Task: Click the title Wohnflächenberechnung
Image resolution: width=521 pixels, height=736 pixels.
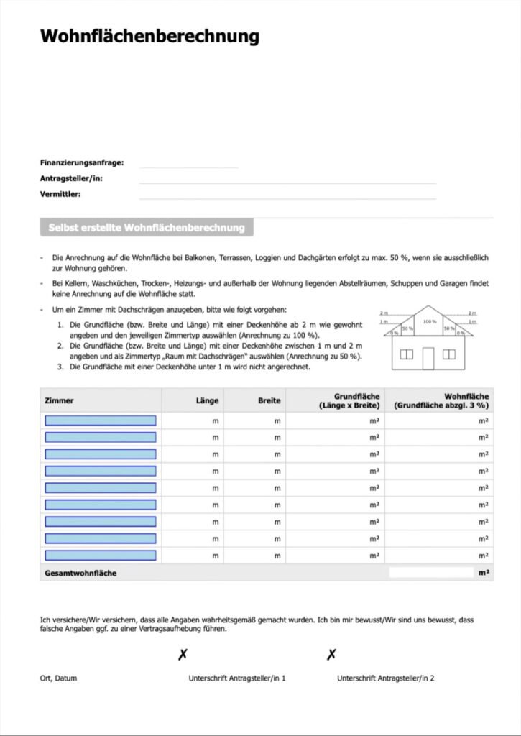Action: (149, 37)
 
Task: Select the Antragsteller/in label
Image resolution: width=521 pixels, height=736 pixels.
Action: (71, 178)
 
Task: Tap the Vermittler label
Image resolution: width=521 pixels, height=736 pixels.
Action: (60, 194)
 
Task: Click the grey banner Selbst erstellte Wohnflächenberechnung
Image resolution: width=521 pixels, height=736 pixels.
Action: (147, 228)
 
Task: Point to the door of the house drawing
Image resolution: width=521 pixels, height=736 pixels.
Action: (428, 357)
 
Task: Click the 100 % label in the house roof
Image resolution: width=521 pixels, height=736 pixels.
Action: (429, 321)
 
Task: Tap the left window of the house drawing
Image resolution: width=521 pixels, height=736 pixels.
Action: (407, 354)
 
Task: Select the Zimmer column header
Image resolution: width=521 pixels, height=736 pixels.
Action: (59, 400)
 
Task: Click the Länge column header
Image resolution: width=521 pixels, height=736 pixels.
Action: (207, 400)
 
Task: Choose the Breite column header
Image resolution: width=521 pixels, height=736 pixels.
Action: (269, 400)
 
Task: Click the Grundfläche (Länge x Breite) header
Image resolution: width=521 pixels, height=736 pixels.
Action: (349, 400)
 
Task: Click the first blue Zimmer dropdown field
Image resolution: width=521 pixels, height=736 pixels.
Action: (101, 420)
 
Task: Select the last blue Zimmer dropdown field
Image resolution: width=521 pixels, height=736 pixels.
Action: (101, 556)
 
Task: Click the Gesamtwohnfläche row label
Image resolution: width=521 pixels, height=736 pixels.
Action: (80, 573)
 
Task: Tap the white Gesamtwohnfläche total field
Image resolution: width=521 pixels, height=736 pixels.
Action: (431, 573)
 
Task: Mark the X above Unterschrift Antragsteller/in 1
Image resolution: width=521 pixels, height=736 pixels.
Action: (183, 655)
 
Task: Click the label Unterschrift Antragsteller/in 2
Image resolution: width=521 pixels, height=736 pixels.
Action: (385, 678)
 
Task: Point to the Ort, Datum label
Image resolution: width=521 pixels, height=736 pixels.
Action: (58, 678)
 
